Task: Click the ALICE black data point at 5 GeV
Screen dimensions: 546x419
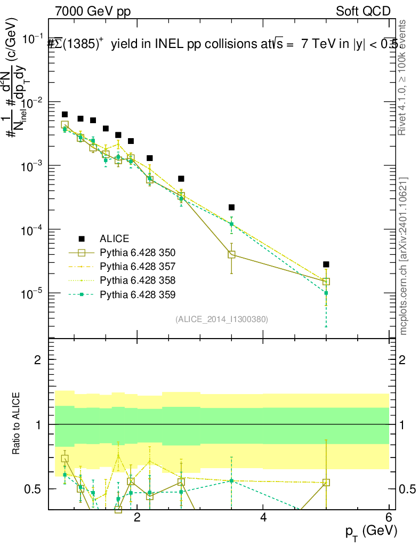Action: (x=326, y=264)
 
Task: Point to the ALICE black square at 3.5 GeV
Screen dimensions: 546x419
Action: (x=231, y=207)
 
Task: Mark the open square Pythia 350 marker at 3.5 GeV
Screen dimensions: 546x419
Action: (x=231, y=254)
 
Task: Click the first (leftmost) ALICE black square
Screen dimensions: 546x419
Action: (x=65, y=115)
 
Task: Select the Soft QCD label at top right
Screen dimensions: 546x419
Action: (x=363, y=11)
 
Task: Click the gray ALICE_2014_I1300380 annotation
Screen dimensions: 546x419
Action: (x=221, y=319)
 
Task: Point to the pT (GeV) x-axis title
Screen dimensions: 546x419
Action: (x=371, y=532)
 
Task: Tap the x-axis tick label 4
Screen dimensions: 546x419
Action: (x=263, y=518)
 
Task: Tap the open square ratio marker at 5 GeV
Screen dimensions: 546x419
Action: (x=326, y=483)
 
